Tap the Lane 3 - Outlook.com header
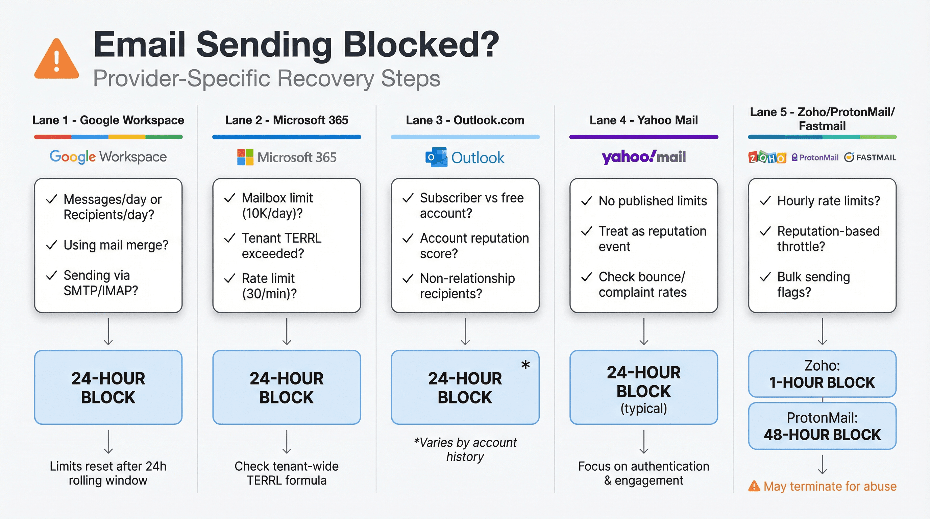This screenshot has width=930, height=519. coord(465,120)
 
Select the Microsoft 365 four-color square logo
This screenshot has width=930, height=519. coord(245,157)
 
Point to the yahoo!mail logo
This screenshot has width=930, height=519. coord(643,157)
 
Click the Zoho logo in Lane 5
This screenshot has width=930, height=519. coord(767,158)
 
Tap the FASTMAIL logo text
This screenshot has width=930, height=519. coord(875,158)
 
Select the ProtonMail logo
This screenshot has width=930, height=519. coord(815,158)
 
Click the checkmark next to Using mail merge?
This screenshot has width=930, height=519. coord(52,245)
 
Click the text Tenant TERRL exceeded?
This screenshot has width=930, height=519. coord(281,246)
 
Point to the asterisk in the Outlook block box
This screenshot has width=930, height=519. coord(525,365)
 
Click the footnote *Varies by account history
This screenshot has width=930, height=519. coord(465,449)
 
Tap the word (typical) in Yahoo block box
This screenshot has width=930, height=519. coord(643,409)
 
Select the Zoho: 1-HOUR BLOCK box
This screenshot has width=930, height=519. coord(822,374)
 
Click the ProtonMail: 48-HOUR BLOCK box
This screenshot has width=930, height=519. coord(822,426)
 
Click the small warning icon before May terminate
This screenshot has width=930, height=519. coord(754,486)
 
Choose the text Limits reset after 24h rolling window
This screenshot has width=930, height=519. coord(108,473)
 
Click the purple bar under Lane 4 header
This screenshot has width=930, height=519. coord(643,137)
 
